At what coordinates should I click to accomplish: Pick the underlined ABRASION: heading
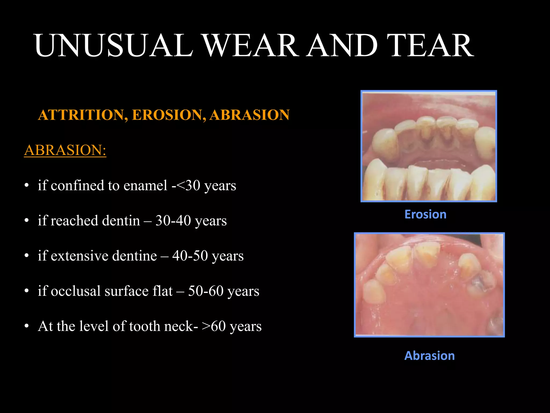65,150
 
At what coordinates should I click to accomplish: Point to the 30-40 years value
191,221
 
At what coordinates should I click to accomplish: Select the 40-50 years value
208,256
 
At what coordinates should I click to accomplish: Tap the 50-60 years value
223,291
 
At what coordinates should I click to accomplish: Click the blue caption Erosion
425,214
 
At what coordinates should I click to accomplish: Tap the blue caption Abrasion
429,355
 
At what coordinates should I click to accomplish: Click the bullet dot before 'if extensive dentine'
26,256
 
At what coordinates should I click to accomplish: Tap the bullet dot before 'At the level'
26,326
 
